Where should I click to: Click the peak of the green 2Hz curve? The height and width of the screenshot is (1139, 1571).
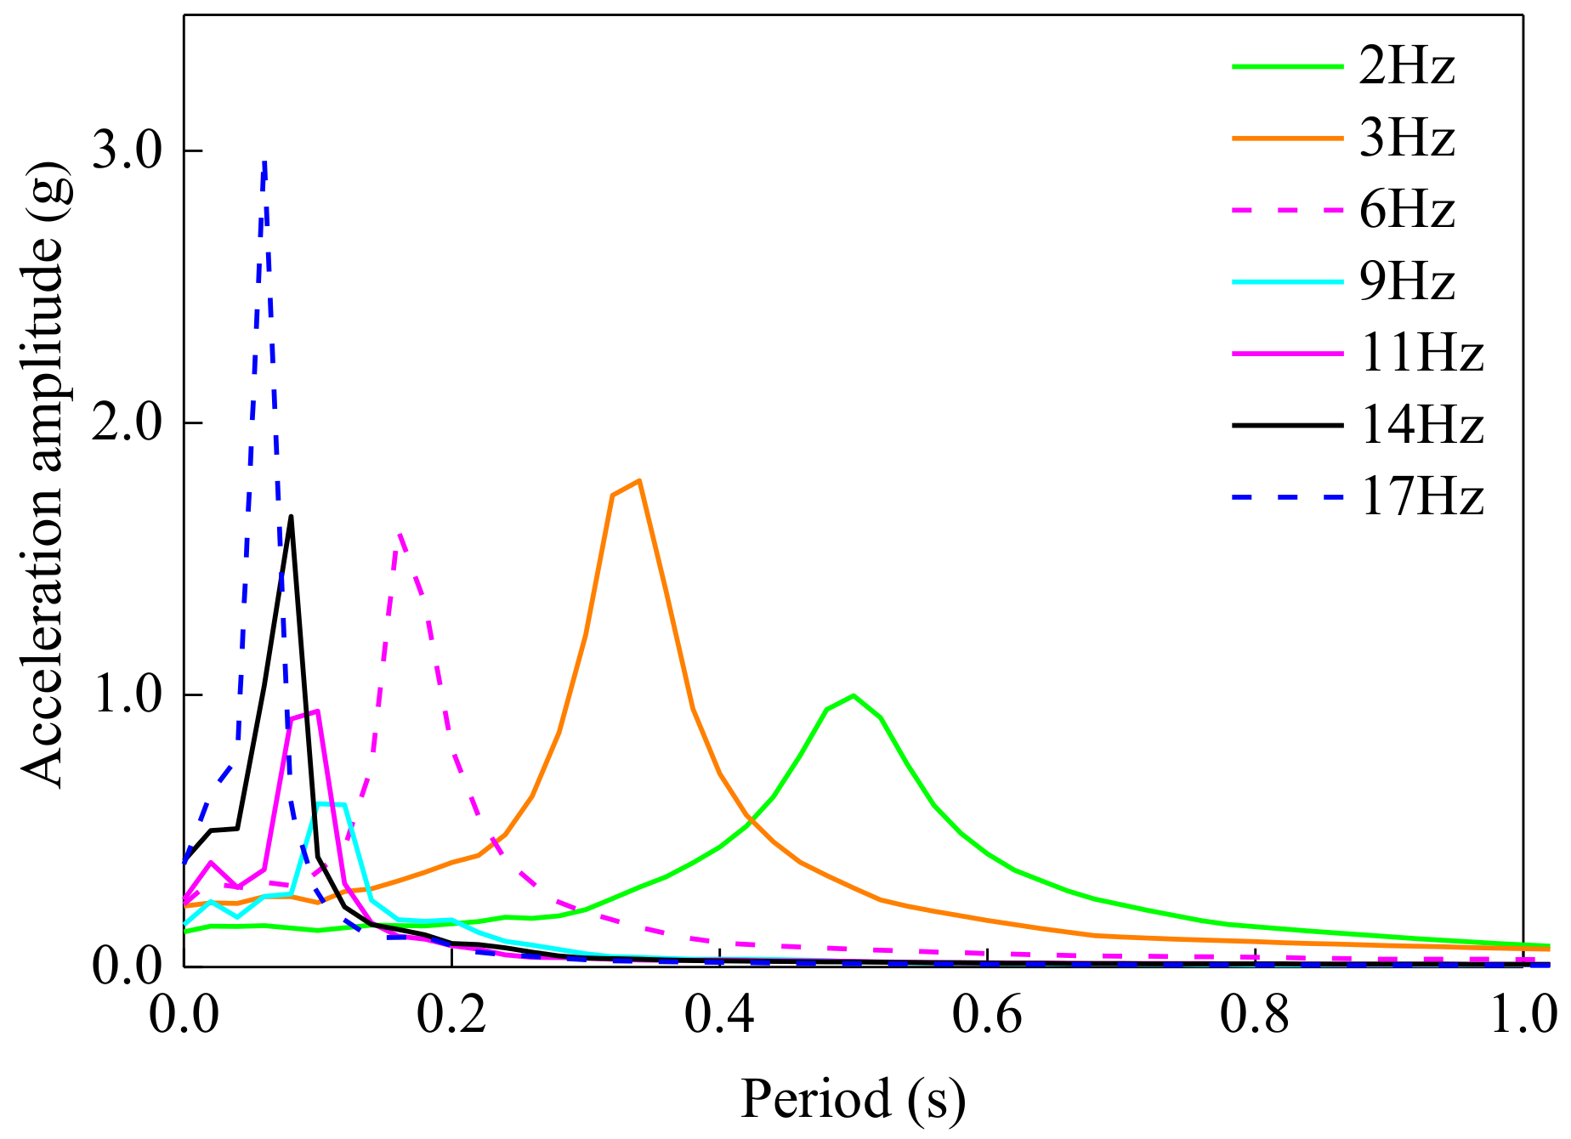coord(853,696)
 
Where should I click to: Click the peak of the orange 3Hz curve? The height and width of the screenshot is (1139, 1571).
coord(638,481)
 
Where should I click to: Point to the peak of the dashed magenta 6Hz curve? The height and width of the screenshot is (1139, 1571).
coord(400,534)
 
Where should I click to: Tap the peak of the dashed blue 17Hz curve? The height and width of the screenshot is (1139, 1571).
coord(264,161)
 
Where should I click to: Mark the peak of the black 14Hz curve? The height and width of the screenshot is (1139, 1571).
coord(291,517)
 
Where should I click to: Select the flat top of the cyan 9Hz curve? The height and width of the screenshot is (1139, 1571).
coord(331,804)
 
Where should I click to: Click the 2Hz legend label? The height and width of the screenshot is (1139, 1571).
coord(1407,65)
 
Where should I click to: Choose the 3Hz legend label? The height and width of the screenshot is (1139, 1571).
coord(1407,138)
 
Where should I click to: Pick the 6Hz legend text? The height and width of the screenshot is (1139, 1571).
coord(1407,209)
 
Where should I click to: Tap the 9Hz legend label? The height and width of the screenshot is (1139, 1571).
coord(1407,281)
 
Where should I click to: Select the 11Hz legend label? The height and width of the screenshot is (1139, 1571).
coord(1421,353)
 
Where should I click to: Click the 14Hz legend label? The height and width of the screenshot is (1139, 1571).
coord(1421,424)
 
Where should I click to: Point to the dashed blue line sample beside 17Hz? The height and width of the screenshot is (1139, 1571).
coord(1287,496)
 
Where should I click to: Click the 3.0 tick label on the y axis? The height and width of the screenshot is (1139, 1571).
coord(127,151)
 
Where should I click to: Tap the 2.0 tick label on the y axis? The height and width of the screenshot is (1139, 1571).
coord(127,423)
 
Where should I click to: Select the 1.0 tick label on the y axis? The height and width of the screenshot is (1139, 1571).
coord(127,695)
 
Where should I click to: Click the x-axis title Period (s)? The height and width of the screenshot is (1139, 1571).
coord(853,1099)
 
